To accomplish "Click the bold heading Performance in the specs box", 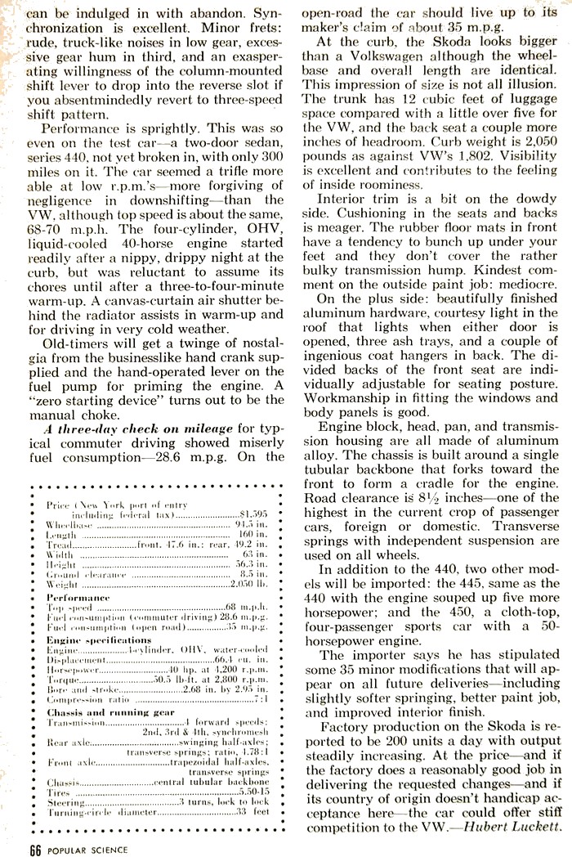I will [x=78, y=598].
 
